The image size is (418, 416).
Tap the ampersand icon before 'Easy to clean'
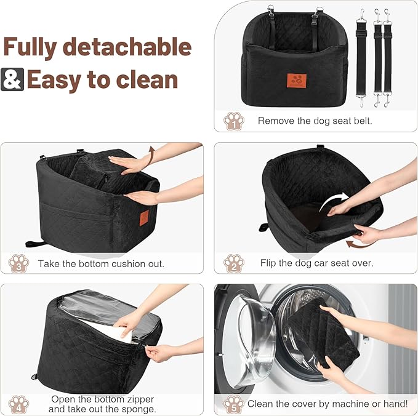12,79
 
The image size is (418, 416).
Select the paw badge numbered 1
233,120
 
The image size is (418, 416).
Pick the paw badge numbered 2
233,263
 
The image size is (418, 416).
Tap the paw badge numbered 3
18,263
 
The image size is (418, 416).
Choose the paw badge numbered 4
18,404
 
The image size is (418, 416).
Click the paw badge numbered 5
233,404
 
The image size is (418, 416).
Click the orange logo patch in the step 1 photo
297,81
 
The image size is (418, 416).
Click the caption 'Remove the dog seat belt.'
315,121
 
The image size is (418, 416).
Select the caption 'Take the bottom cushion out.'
101,263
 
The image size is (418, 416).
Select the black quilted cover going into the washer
326,335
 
